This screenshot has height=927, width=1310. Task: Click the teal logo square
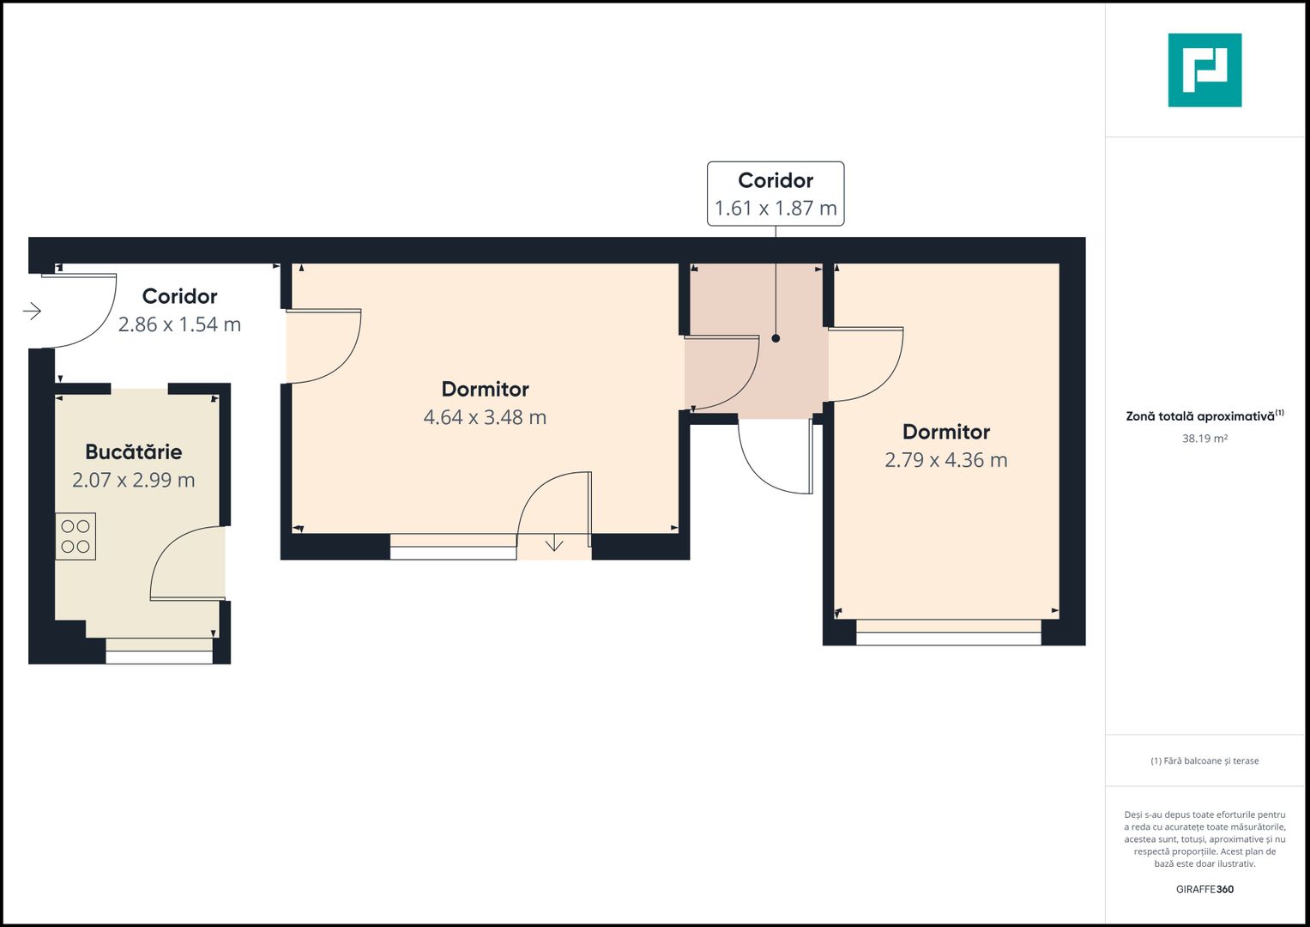point(1204,70)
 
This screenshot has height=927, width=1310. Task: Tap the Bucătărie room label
point(133,451)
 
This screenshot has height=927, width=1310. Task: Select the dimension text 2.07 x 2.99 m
point(133,480)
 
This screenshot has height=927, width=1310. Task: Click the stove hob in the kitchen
point(75,536)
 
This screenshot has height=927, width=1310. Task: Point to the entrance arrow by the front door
point(32,311)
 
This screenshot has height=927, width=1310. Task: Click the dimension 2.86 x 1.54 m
point(179,324)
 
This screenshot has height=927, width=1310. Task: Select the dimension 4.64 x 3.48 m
point(485,417)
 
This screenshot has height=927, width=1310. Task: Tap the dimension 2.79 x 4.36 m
point(945,460)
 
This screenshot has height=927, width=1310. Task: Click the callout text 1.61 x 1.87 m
point(776,208)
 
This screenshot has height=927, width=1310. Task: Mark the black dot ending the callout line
point(776,338)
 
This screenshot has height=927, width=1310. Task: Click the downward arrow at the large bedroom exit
point(554,545)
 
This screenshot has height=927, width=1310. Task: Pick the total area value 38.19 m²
point(1204,439)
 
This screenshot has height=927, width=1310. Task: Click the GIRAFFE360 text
point(1204,889)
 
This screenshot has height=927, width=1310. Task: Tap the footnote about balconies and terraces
point(1204,760)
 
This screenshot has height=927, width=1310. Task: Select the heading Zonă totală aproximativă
point(1200,416)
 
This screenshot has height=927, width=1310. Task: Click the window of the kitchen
point(159,651)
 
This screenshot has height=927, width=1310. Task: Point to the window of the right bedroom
point(949,632)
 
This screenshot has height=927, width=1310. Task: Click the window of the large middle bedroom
point(453,547)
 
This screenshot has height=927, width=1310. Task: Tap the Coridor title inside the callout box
point(776,180)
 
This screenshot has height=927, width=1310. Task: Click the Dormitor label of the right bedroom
point(945,432)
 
